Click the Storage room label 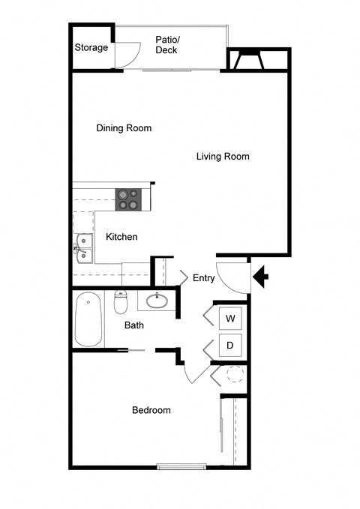point(91,48)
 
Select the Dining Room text point(124,128)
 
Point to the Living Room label point(223,157)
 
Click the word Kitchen point(121,237)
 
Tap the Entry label point(204,278)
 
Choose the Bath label point(134,325)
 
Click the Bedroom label point(151,410)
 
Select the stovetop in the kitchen point(128,199)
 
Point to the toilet point(121,303)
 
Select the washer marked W point(231,319)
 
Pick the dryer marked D point(231,346)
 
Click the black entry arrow point(262,278)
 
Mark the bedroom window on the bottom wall point(181,467)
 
